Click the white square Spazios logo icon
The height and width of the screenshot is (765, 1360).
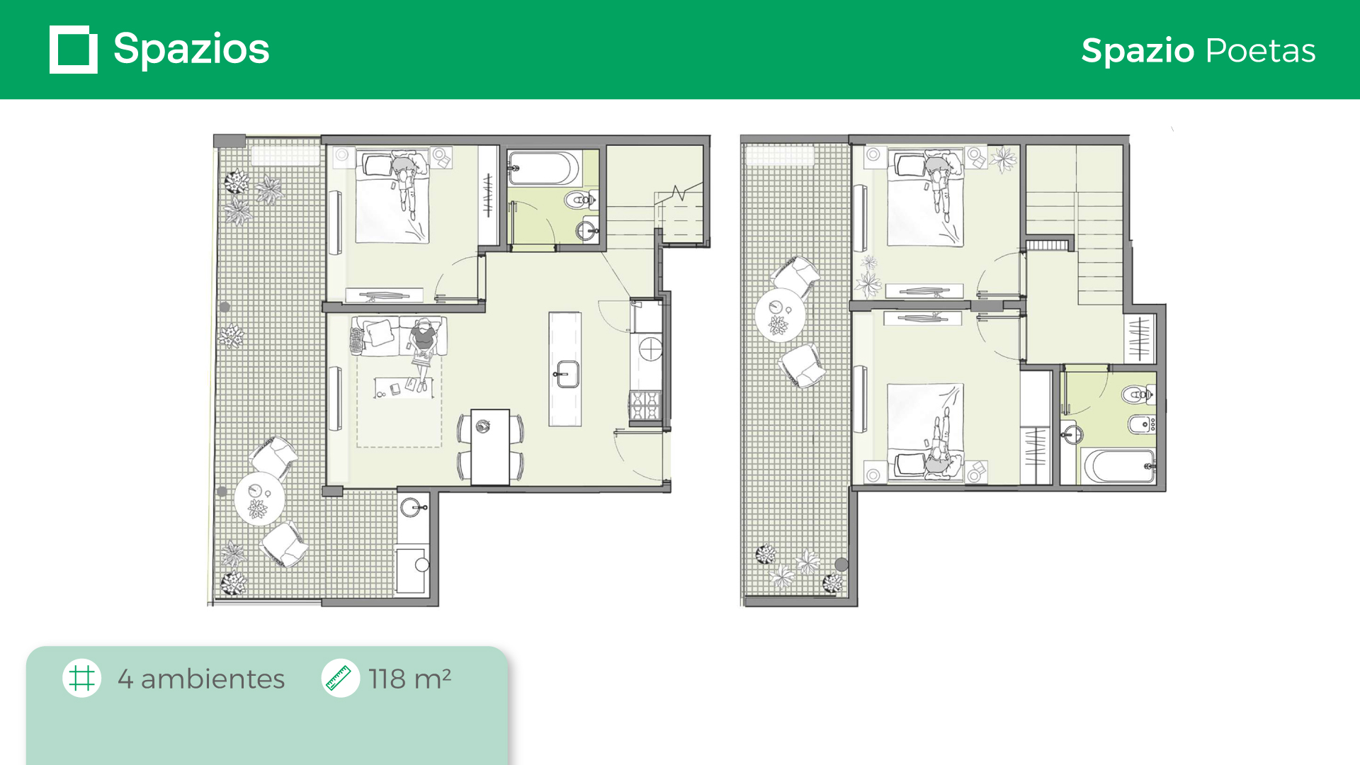coord(74,50)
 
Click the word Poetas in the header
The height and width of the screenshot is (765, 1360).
coord(1261,50)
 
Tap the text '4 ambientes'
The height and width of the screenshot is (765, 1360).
coord(201,679)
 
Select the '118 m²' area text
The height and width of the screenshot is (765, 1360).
coord(410,679)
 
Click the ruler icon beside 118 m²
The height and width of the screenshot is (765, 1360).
coord(340,678)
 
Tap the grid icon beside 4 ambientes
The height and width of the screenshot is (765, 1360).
coord(82,678)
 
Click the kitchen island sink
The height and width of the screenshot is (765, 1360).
coord(567,373)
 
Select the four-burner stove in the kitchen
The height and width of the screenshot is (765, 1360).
coord(645,406)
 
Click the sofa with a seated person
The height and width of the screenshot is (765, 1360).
coord(399,336)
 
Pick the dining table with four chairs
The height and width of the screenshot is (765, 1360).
coord(490,447)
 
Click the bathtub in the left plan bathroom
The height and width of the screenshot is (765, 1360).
coord(544,168)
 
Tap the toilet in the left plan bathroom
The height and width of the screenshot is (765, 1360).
coord(582,200)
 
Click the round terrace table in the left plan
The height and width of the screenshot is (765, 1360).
coord(259,499)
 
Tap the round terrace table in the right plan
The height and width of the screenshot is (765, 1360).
coord(780,315)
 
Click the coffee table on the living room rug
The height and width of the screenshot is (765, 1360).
coord(404,387)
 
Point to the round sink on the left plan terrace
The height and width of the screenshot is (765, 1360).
coord(411,507)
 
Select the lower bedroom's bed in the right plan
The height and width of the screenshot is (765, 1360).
coord(926,432)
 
